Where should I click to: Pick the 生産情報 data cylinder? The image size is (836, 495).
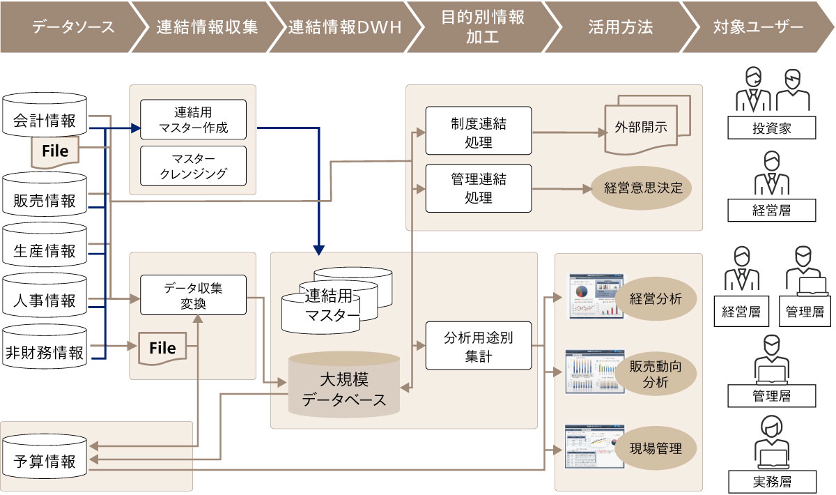(45, 250)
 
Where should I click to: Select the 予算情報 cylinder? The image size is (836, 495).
(45, 461)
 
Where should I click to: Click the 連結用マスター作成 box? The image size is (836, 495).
(193, 119)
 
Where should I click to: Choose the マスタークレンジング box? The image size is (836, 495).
(193, 165)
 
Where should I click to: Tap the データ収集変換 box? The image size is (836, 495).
(193, 295)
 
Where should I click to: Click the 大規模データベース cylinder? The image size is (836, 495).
(343, 389)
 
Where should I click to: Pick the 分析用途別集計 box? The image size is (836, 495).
(478, 346)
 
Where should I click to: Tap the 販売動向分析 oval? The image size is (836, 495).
(655, 374)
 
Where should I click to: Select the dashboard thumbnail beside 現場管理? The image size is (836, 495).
(585, 448)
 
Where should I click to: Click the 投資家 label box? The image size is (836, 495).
(771, 128)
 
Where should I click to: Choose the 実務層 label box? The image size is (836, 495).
(771, 481)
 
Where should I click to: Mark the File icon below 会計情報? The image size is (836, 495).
(55, 151)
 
